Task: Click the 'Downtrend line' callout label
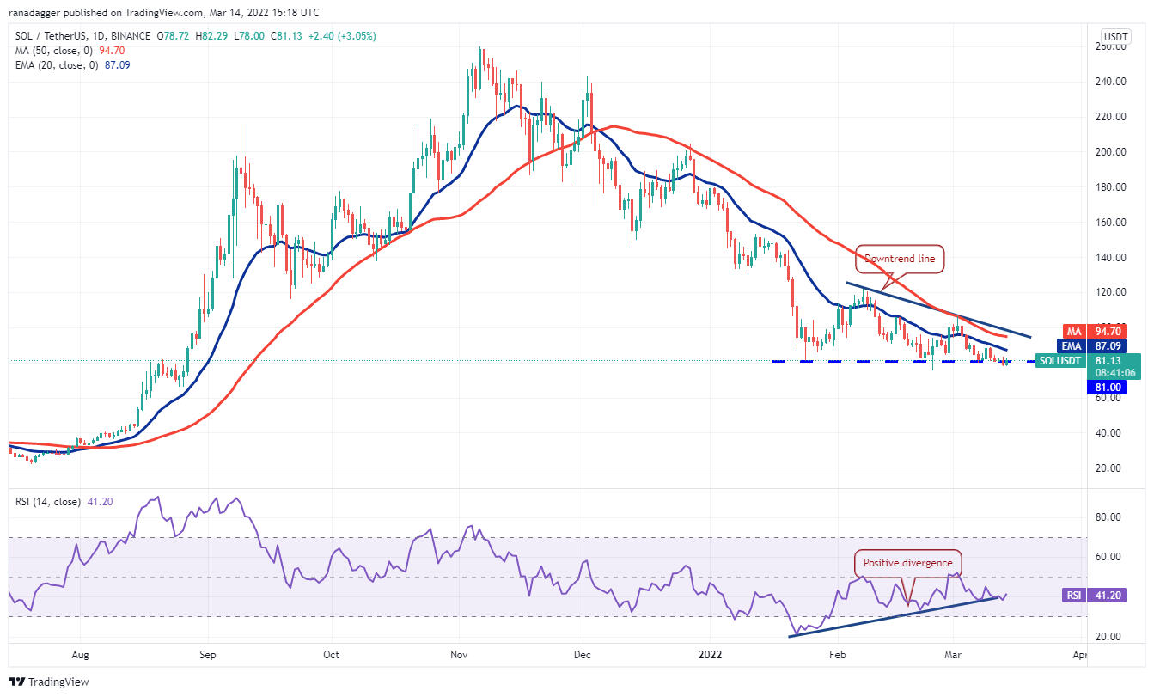pos(902,258)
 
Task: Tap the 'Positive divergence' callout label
pos(909,564)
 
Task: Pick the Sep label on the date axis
pos(207,654)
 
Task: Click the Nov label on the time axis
pos(459,654)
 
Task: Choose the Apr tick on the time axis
pos(1080,654)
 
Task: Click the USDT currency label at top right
pos(1115,36)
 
